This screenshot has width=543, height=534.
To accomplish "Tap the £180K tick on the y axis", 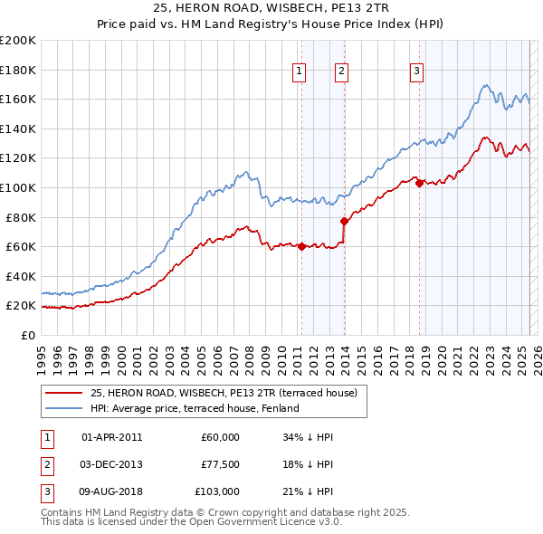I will coord(18,70).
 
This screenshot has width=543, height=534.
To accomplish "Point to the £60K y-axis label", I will coord(21,246).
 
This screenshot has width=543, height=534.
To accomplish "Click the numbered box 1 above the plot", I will coord(300,73).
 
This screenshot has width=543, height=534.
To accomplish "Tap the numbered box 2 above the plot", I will coord(342,73).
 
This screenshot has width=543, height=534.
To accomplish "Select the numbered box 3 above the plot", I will coord(416,73).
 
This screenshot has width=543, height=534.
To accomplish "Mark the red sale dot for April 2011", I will coord(301,246).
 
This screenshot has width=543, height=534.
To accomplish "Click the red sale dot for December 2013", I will coord(344,221).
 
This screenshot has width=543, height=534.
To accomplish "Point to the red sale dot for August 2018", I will coord(419,183).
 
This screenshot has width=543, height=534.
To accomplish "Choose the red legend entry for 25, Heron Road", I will coord(224,393).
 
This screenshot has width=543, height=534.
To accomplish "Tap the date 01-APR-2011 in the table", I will coord(112,437).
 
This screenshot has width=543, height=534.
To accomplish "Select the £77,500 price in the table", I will coord(220,464).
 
